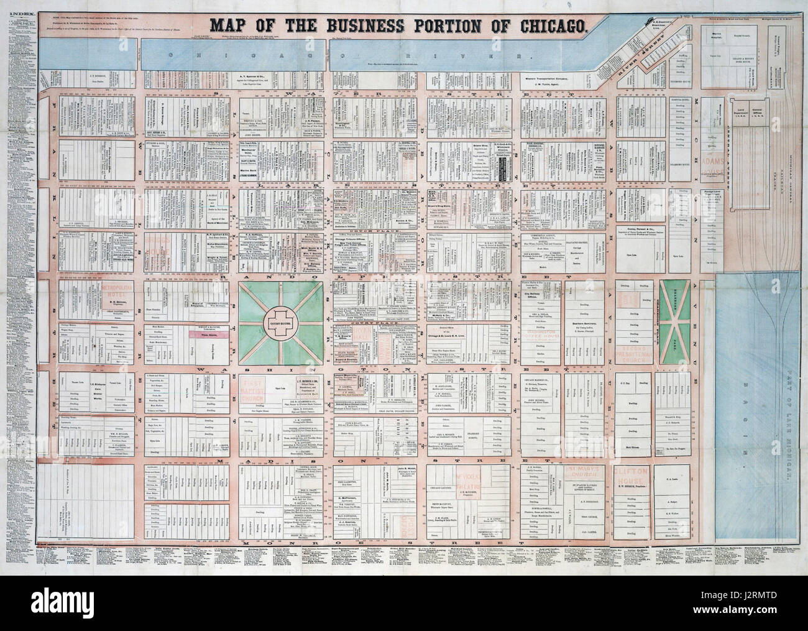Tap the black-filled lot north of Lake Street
pos(503,164)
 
